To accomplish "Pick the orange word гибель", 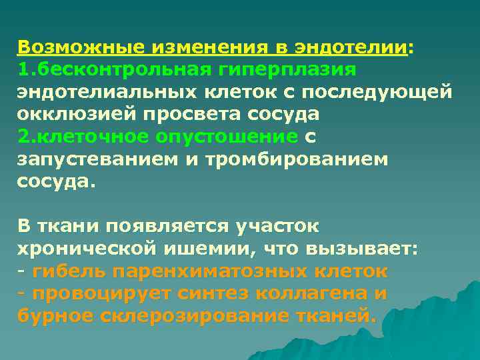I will click(x=69, y=271).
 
